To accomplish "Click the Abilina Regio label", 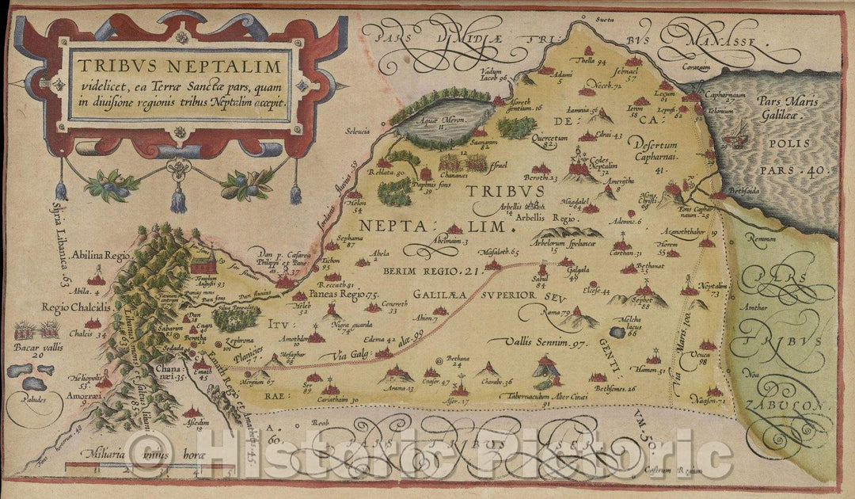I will (99, 257).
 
